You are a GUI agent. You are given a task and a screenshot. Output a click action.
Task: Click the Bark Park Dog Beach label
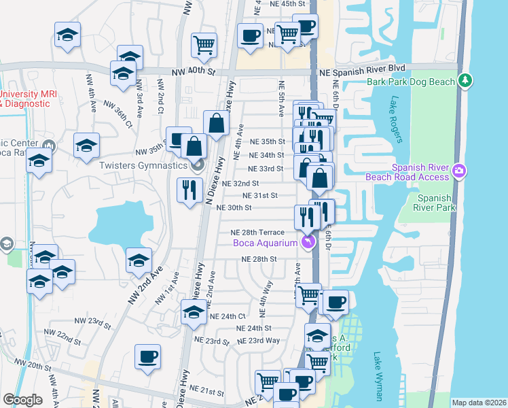tap(410, 82)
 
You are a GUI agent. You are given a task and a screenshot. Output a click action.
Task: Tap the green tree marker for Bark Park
tap(465, 80)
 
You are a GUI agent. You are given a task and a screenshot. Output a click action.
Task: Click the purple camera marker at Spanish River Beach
tap(459, 169)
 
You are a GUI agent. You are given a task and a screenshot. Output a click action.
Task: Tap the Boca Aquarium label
tap(265, 243)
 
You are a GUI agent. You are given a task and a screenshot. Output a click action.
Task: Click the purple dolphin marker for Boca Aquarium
tap(309, 242)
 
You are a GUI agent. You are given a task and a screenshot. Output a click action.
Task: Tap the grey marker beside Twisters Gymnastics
tap(198, 164)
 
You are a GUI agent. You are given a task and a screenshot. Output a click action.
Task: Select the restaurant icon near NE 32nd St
tap(189, 189)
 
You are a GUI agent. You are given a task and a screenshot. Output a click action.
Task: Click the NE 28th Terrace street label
tap(257, 233)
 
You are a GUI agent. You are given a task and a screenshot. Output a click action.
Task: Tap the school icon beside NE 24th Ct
tap(194, 312)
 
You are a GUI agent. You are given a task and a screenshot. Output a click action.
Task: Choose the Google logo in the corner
tap(22, 400)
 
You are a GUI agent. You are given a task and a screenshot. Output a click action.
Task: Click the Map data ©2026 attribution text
tap(479, 403)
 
